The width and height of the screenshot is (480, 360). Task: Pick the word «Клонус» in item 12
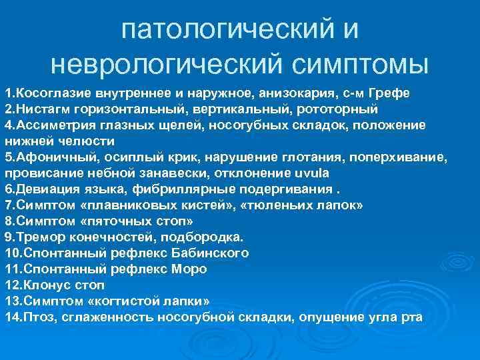point(48,285)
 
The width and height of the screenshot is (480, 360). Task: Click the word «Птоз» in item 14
point(39,317)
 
